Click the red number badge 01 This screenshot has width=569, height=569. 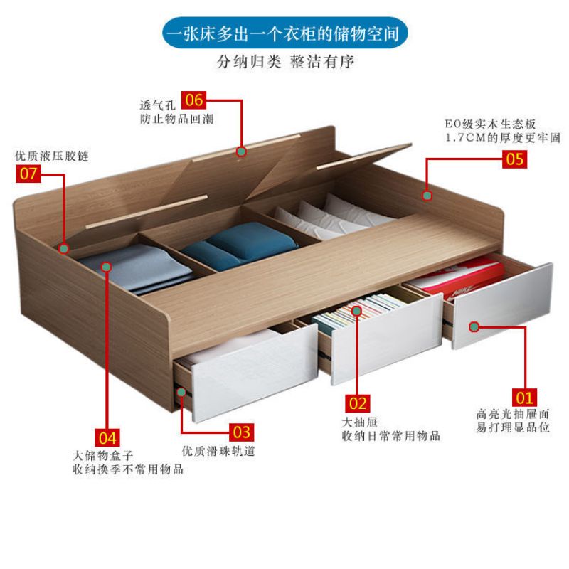tap(525, 397)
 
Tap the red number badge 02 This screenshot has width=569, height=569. tap(358, 403)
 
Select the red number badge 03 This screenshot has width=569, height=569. tap(242, 432)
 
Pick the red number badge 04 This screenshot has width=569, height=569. tap(107, 436)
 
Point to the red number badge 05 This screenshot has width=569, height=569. tap(514, 159)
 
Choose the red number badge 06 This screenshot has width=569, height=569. tap(194, 100)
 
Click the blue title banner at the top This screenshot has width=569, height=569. tap(284, 33)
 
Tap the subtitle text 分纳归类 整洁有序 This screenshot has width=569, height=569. tap(284, 62)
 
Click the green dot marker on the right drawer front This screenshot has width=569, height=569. tap(474, 326)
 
